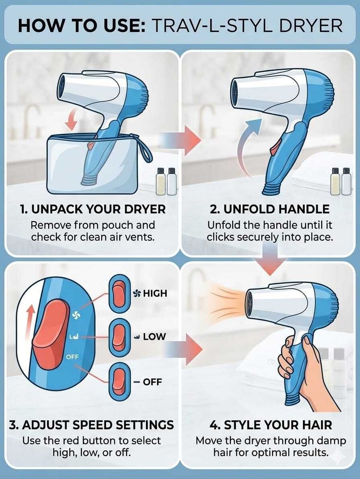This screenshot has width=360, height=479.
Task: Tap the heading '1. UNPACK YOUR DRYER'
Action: coord(93,210)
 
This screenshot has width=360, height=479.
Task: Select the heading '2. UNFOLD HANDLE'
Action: coord(270,210)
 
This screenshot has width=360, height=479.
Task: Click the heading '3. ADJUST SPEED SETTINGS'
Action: coord(91,425)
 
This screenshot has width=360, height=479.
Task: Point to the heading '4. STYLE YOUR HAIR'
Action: coord(271,425)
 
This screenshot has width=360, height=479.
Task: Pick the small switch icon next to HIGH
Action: coord(118,293)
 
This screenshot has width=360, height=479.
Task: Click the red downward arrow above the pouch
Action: coord(72,121)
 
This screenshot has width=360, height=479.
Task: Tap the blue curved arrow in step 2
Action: coord(248,147)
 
